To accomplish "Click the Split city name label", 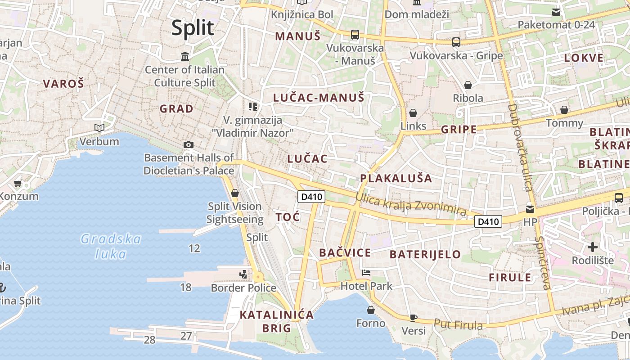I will point(193,28).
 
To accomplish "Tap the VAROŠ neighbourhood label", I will point(63,83).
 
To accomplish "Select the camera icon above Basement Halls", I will point(189,144).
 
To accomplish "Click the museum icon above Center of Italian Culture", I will point(184,57).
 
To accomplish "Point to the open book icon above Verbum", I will point(99,128).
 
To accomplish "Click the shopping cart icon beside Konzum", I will point(18,183).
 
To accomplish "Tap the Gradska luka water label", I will point(111,246).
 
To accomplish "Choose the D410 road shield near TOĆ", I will point(311,197).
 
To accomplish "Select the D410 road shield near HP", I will point(488,221).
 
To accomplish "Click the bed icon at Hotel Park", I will point(366,273).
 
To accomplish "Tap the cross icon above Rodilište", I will point(593,247).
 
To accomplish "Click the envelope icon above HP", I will point(530,209).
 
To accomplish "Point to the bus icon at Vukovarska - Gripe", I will point(456,42).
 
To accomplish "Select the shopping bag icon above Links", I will point(413,113).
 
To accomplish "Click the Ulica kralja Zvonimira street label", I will point(410,204).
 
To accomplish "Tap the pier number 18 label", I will point(186,287).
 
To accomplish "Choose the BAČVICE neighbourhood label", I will point(345,253).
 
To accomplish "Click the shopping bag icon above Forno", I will point(371,310).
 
